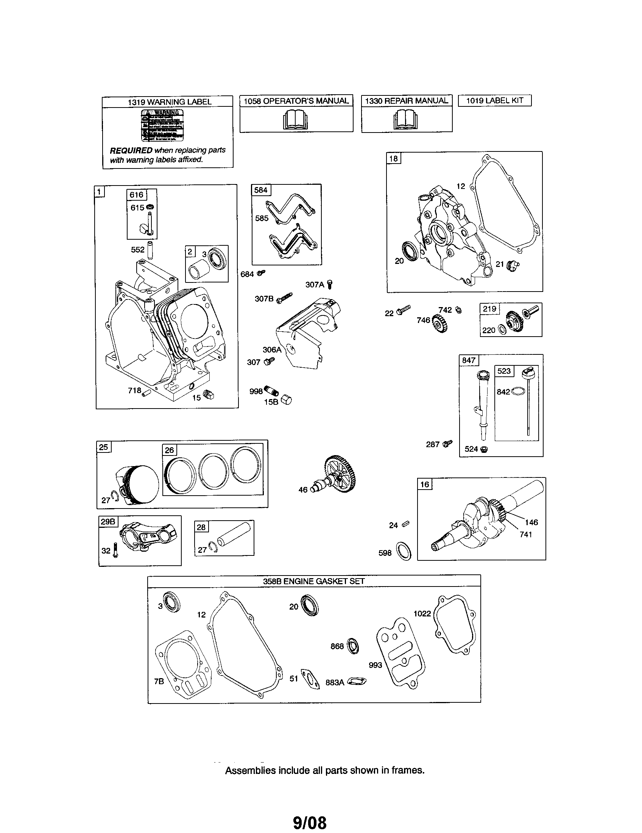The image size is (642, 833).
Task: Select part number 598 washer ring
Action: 404,551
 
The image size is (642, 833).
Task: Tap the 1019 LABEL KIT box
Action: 494,101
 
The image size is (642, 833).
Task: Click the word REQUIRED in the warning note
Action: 131,150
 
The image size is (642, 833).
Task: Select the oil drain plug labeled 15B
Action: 286,400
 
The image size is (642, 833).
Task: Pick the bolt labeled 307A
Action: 330,284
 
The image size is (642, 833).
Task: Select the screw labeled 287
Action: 447,443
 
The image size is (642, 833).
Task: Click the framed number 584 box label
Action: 261,190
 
